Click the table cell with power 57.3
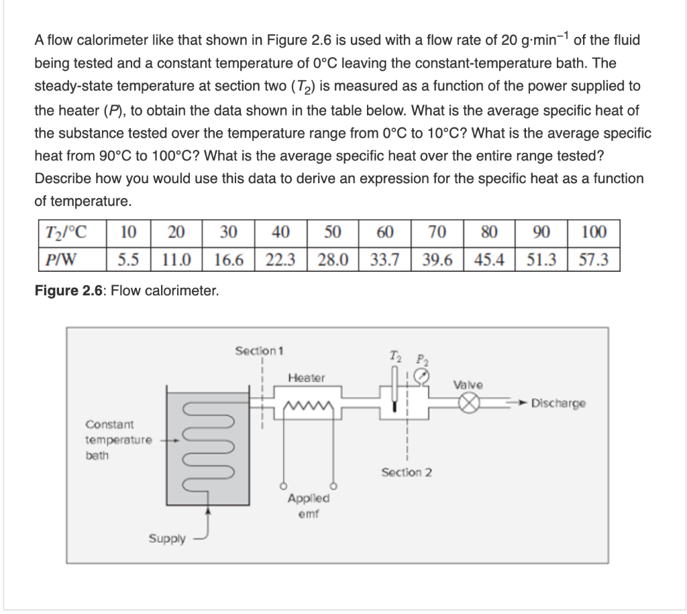(593, 259)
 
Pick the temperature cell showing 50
(331, 233)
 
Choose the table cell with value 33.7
(384, 259)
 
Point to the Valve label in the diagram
(468, 385)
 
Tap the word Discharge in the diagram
(558, 403)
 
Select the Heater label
(306, 378)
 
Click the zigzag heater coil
(306, 405)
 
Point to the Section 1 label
(260, 350)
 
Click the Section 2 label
(407, 472)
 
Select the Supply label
(167, 539)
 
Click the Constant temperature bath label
(110, 440)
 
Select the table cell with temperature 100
(593, 233)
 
